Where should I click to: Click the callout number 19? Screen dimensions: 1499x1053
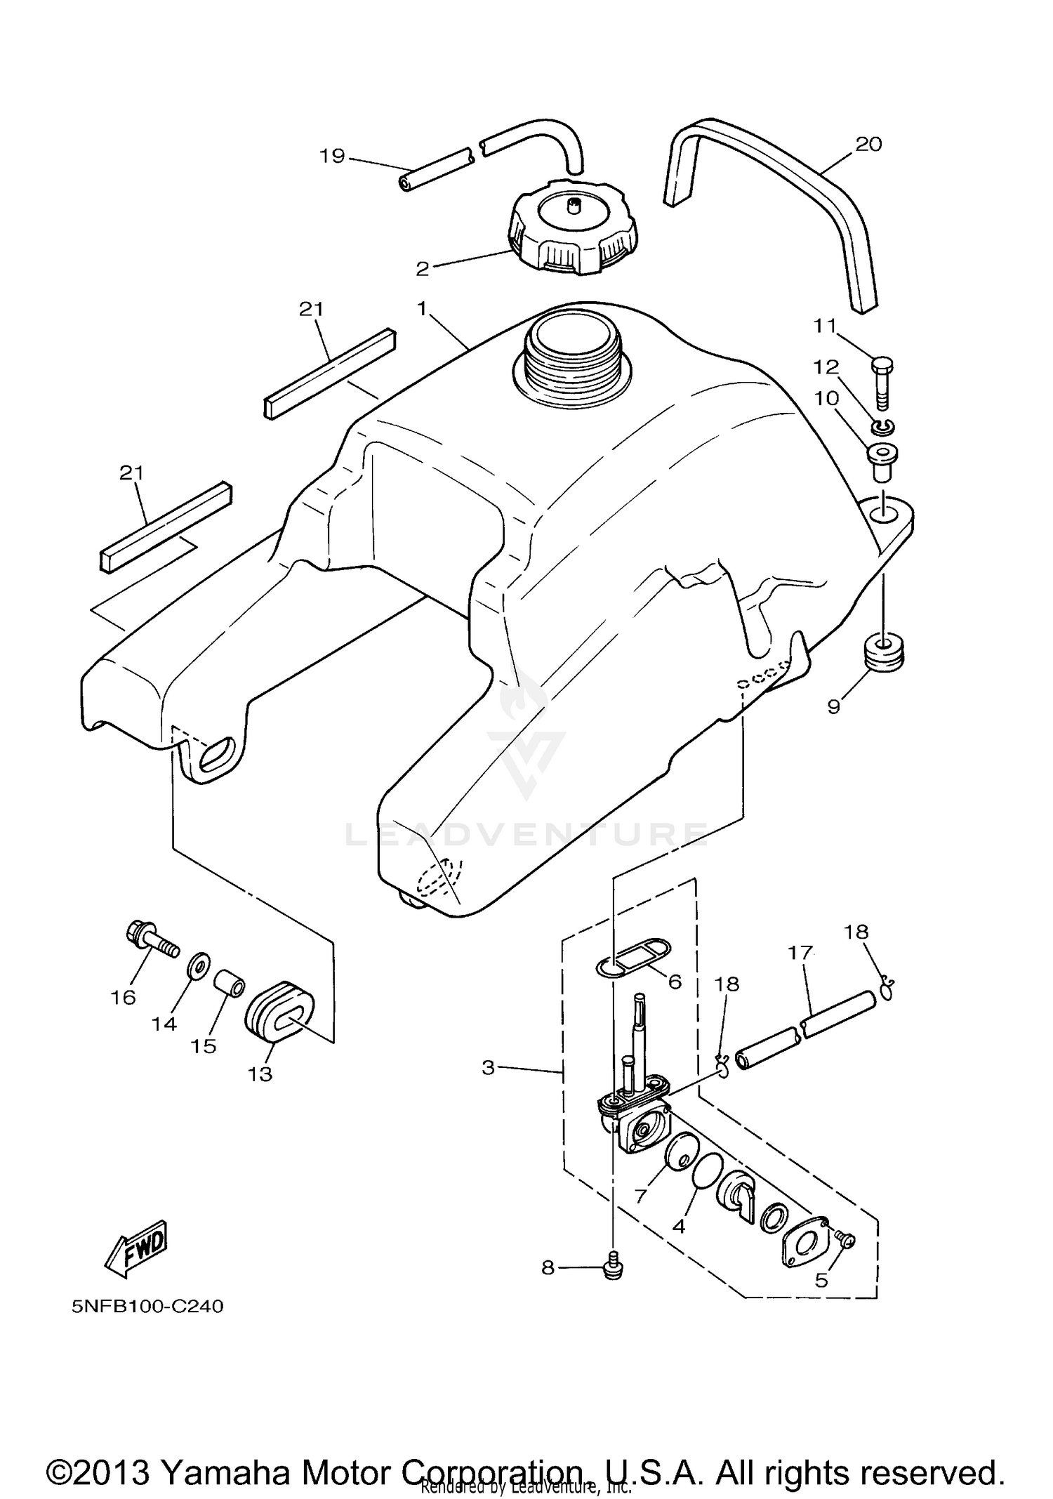(x=333, y=156)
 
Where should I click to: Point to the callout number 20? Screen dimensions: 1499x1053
(x=868, y=145)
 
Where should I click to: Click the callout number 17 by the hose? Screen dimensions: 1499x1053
(x=800, y=953)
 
